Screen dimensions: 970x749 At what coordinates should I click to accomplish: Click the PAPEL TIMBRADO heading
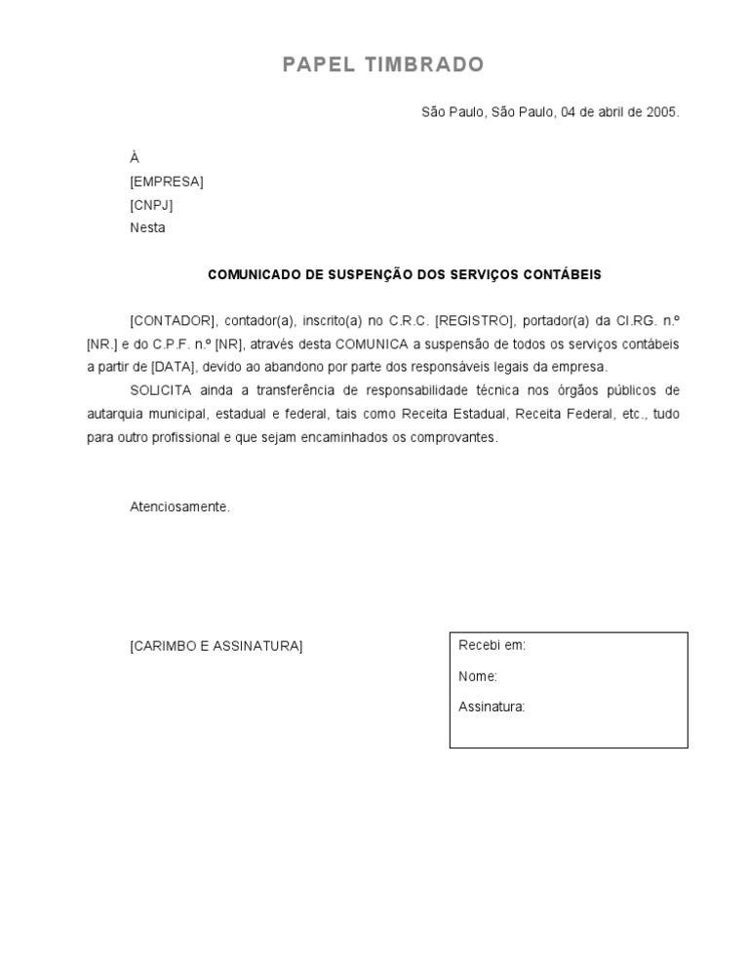(x=383, y=65)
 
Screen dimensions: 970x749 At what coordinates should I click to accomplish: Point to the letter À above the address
(x=135, y=158)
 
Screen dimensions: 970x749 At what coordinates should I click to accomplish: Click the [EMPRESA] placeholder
(x=167, y=182)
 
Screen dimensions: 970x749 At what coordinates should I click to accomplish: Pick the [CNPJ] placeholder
(x=151, y=205)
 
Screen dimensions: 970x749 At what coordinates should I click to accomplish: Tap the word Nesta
(x=147, y=228)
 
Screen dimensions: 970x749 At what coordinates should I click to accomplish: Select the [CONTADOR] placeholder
(x=172, y=321)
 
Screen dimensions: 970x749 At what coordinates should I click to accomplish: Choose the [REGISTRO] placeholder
(x=473, y=321)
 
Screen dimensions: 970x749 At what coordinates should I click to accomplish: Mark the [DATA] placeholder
(x=174, y=367)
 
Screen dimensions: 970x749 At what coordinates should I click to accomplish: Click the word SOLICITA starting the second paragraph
(x=161, y=390)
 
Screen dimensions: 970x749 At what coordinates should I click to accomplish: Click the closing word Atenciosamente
(x=180, y=507)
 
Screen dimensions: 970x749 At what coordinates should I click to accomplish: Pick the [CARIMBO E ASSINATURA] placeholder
(x=217, y=646)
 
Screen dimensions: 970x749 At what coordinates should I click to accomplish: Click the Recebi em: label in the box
(x=492, y=646)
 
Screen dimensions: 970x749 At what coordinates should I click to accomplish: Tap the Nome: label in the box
(x=478, y=676)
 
